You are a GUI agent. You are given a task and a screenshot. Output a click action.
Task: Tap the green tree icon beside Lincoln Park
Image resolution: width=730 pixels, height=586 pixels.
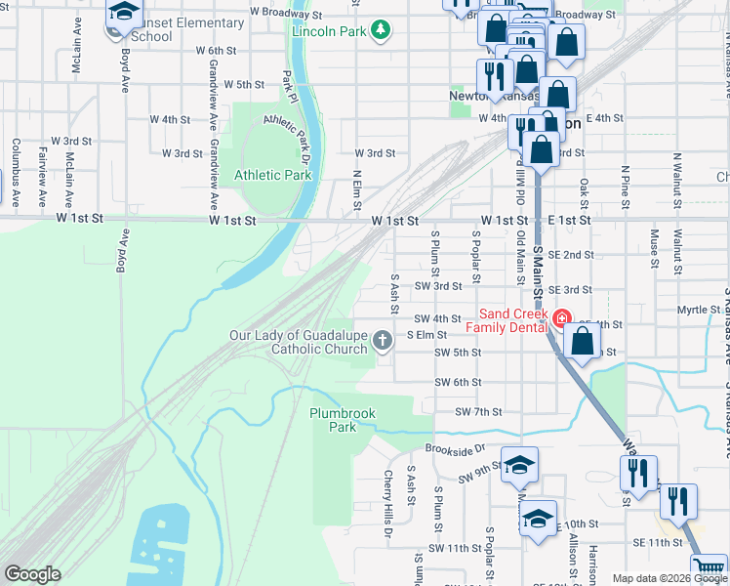coord(381,30)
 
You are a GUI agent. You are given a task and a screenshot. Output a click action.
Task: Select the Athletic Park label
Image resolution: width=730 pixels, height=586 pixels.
coord(272,176)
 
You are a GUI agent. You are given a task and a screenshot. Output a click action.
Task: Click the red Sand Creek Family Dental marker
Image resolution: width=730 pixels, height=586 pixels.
coord(561,318)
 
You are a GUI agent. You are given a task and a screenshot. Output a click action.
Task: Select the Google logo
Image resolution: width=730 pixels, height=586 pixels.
coord(31,574)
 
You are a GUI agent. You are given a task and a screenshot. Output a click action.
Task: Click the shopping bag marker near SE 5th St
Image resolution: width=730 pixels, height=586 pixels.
coord(582,343)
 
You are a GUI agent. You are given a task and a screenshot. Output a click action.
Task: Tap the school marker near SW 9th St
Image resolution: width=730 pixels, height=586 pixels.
coord(520,465)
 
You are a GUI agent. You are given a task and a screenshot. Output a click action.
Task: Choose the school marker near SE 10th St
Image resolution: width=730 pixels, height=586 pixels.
coord(538,518)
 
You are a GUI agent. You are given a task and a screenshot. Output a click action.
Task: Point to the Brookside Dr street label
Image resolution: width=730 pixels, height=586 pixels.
coord(455,449)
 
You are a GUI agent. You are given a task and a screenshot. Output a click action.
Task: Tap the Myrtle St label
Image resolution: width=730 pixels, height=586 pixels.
coord(698,310)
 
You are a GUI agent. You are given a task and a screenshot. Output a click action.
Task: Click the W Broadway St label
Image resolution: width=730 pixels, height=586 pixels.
coord(286,15)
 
